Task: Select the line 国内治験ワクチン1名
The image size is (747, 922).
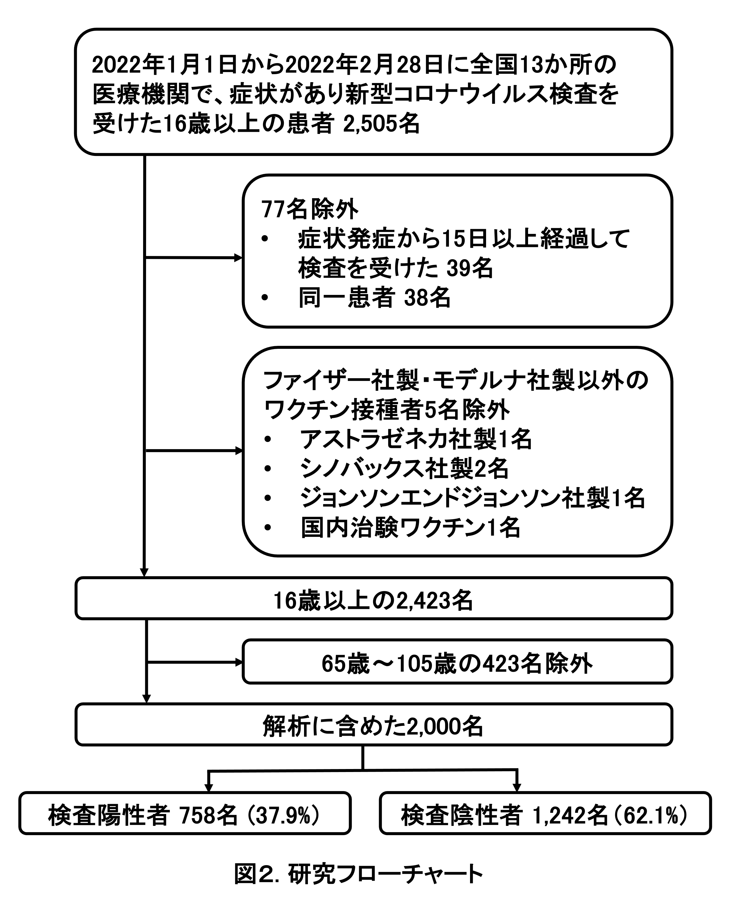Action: pos(410,527)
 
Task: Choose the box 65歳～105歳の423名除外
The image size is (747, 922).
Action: pos(457,664)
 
